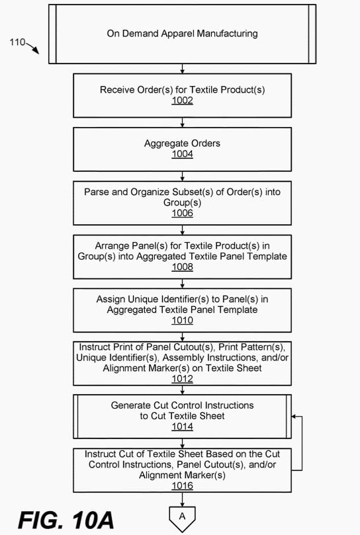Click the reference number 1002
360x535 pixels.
[x=182, y=101]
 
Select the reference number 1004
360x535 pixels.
[x=182, y=154]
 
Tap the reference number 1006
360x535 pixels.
[x=182, y=213]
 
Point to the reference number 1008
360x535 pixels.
[x=182, y=267]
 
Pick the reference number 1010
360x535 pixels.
[x=182, y=320]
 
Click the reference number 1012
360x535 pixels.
[x=182, y=379]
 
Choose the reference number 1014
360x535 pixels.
[x=182, y=427]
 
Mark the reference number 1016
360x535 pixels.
[x=182, y=485]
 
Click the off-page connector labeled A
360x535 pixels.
[x=182, y=518]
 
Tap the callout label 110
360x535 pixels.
[x=17, y=42]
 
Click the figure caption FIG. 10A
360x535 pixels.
[x=66, y=520]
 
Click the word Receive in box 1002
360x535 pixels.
[x=117, y=90]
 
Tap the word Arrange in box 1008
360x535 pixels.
[x=112, y=245]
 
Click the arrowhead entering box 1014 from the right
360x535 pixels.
[x=294, y=416]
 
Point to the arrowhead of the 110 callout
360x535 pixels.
[x=36, y=52]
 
